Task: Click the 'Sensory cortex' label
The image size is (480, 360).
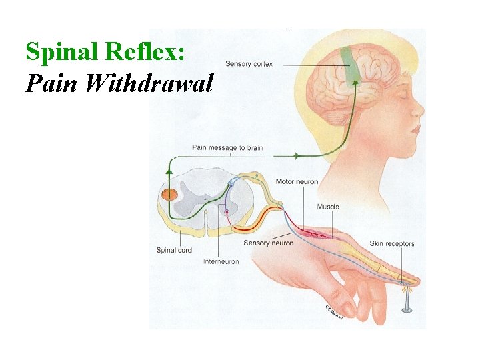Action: click(249, 64)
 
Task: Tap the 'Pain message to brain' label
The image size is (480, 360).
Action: click(227, 147)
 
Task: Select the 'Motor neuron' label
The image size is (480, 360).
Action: click(297, 181)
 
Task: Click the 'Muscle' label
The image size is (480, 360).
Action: click(328, 207)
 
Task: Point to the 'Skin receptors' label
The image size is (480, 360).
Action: click(392, 244)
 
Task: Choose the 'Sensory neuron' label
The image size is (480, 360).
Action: click(269, 243)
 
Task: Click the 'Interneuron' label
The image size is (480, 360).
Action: click(221, 261)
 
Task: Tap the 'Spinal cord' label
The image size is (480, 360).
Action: click(174, 250)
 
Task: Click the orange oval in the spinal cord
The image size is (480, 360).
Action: click(170, 195)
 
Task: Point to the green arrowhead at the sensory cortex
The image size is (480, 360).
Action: click(355, 82)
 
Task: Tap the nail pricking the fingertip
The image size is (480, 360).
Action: click(407, 301)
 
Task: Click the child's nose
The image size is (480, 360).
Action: click(417, 110)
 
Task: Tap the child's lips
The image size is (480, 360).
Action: click(415, 131)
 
